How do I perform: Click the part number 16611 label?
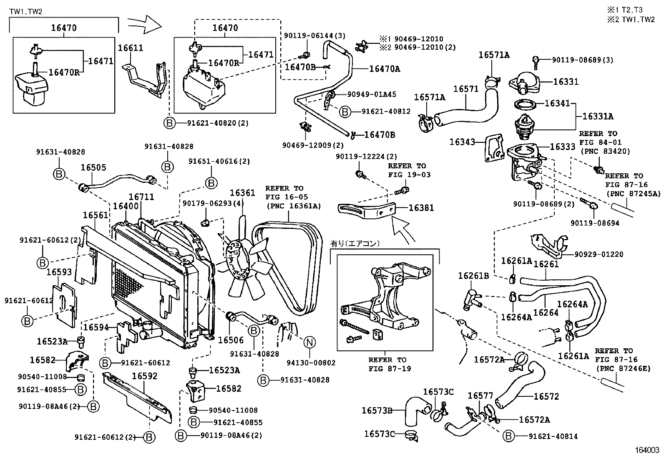(x=130, y=48)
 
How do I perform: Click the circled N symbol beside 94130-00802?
(x=309, y=342)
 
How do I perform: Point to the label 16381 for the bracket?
(x=421, y=208)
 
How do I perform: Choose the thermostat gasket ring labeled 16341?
(x=525, y=104)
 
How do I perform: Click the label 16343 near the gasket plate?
(x=462, y=142)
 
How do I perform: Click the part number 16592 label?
(x=145, y=376)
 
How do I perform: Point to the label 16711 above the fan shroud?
(x=141, y=196)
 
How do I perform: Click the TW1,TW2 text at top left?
(x=26, y=12)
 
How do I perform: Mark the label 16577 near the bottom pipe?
(x=480, y=395)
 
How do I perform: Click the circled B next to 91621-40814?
(x=508, y=436)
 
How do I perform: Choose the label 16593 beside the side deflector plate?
(x=59, y=272)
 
